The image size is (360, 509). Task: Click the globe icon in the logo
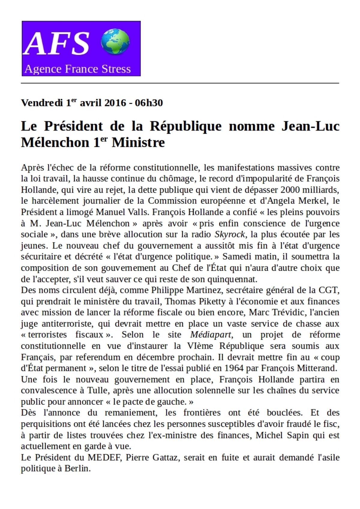[115, 42]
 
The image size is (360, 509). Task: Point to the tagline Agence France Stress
[78, 69]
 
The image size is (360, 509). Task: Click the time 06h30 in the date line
[149, 103]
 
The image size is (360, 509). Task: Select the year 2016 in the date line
[115, 103]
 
